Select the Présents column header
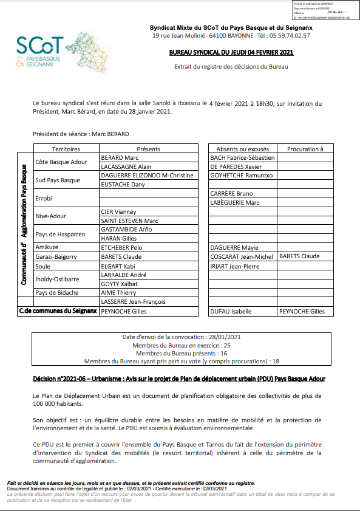pos(148,149)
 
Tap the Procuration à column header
pos(305,149)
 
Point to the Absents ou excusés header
pos(242,149)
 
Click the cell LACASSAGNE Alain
pos(126,166)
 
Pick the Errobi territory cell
pos(45,198)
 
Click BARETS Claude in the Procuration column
pos(299,256)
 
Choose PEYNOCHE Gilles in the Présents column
pos(124,311)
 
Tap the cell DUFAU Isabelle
pos(231,311)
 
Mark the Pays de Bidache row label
pos(58,293)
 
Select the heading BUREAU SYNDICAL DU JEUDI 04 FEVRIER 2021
pos(231,53)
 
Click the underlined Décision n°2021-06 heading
pos(179,379)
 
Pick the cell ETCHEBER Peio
pos(121,248)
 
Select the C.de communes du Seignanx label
pos(58,311)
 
